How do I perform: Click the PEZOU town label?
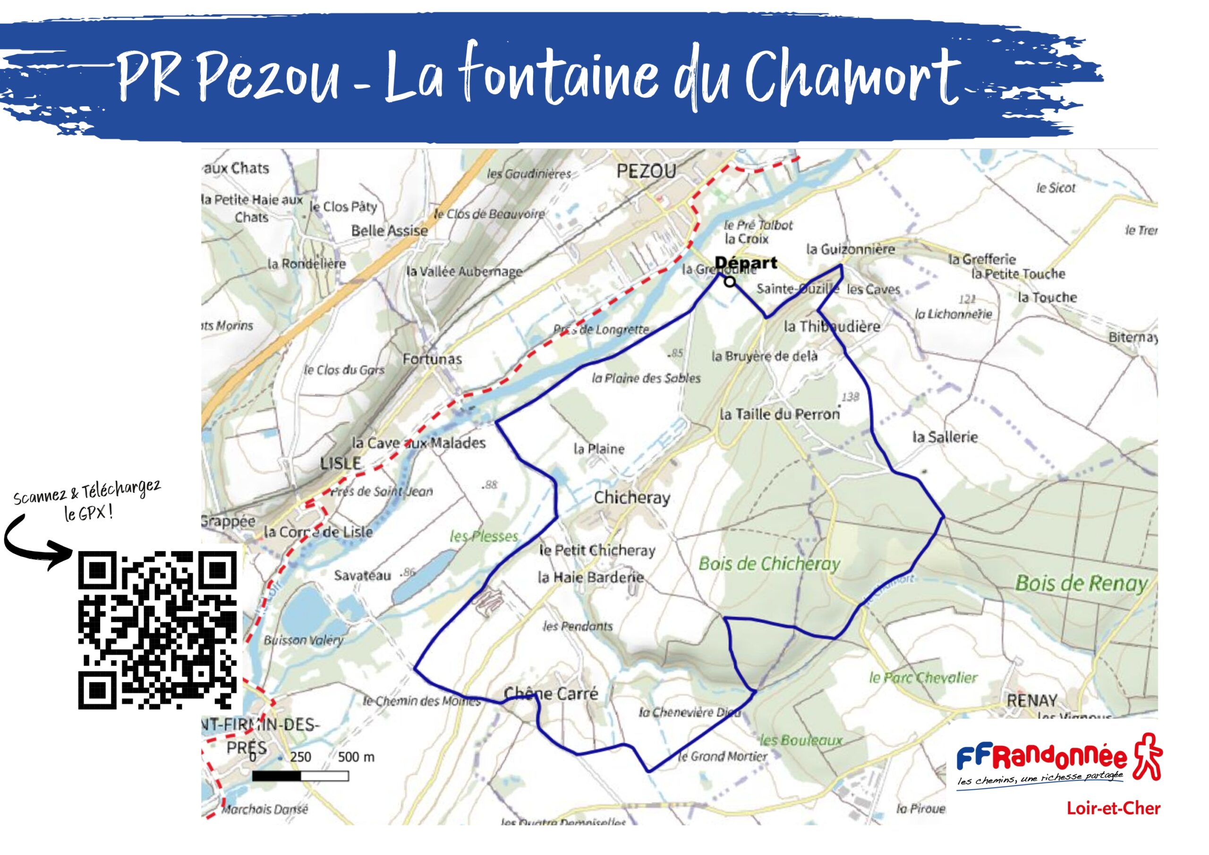click(x=646, y=171)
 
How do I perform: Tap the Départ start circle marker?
click(x=729, y=282)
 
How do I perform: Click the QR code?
click(x=157, y=630)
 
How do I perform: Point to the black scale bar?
click(x=300, y=776)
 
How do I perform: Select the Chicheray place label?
click(x=632, y=498)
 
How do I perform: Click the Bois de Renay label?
click(x=1081, y=583)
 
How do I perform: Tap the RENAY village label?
click(x=1031, y=701)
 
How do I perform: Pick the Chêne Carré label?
click(x=551, y=693)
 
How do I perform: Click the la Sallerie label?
click(x=945, y=437)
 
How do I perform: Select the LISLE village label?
click(x=341, y=463)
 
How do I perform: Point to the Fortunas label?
click(x=432, y=359)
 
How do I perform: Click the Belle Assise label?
click(x=389, y=231)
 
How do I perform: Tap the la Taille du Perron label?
click(x=779, y=415)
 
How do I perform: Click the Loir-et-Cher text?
click(x=1113, y=808)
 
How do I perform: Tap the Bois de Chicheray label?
click(x=769, y=564)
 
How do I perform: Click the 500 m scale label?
click(x=356, y=757)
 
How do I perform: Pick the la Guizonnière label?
click(x=851, y=249)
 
